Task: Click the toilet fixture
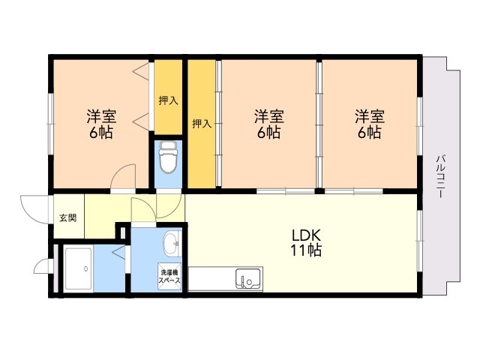click(168, 157)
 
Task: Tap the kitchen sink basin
click(248, 278)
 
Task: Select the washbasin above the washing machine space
click(172, 244)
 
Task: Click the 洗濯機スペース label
click(169, 276)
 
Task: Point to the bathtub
click(78, 268)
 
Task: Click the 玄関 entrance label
click(67, 218)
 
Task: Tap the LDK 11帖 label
click(306, 243)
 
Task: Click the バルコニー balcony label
click(440, 177)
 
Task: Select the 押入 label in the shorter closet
click(168, 100)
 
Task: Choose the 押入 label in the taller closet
click(202, 124)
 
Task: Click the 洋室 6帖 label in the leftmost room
click(101, 124)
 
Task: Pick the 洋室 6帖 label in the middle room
click(268, 124)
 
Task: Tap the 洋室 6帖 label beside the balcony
click(370, 124)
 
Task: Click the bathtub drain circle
click(86, 268)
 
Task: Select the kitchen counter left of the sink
click(211, 278)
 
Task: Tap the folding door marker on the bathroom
click(119, 252)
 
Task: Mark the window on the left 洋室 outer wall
click(51, 124)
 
